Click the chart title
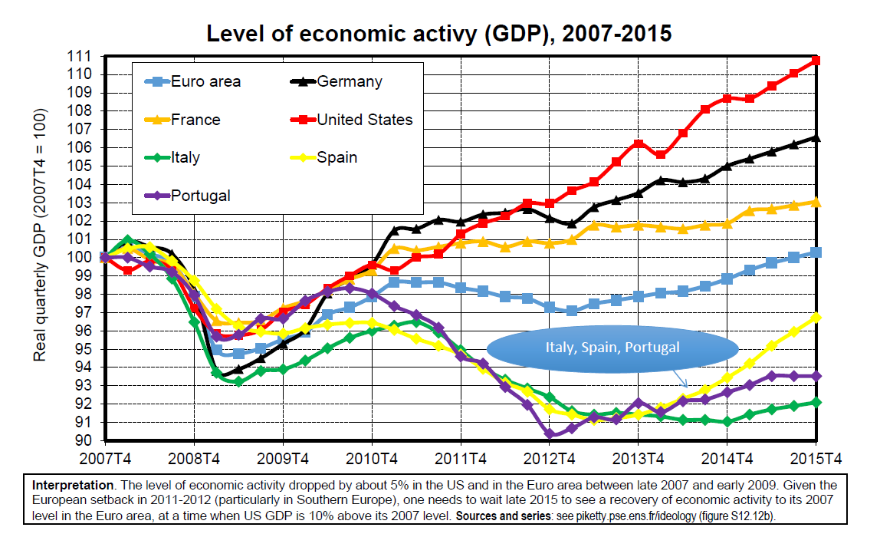click(439, 34)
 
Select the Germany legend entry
click(349, 81)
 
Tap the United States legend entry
click(364, 120)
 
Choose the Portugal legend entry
click(200, 196)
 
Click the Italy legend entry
click(186, 158)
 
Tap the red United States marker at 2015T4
click(816, 60)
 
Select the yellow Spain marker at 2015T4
click(816, 317)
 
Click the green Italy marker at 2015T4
click(816, 402)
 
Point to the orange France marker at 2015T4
click(816, 202)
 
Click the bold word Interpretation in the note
click(66, 486)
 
